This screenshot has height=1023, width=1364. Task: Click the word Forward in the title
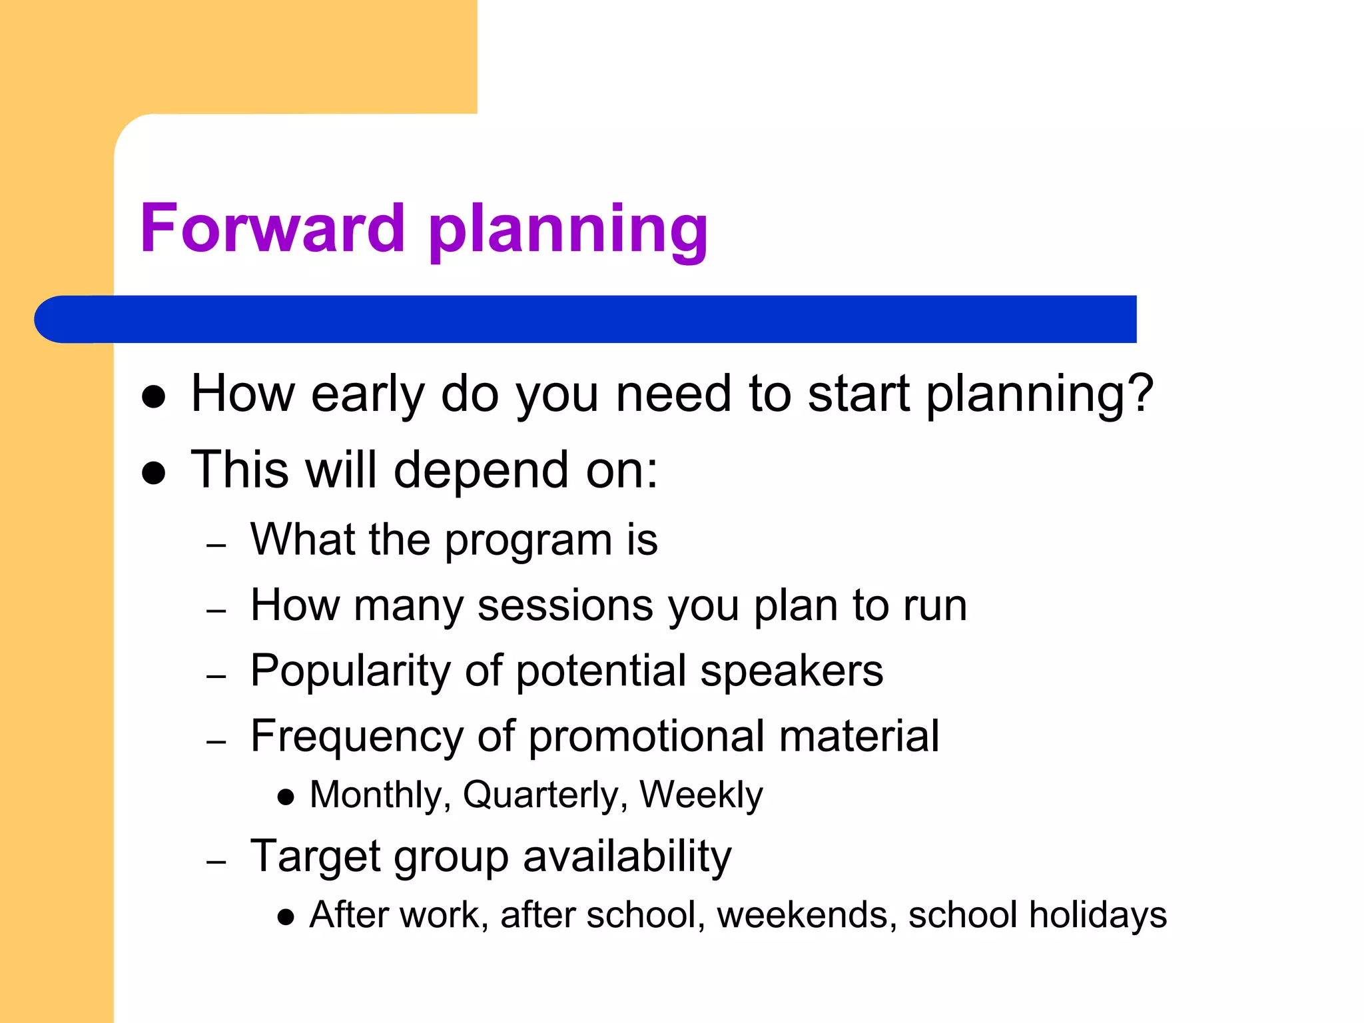click(x=272, y=228)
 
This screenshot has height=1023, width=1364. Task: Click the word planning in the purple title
click(x=568, y=231)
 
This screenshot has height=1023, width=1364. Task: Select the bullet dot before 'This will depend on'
click(x=154, y=473)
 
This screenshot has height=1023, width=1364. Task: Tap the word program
click(x=528, y=541)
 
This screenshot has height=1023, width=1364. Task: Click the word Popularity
click(x=350, y=671)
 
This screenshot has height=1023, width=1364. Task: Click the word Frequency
click(x=356, y=737)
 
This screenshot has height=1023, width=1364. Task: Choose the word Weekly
click(x=701, y=795)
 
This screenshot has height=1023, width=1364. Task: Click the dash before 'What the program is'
click(x=216, y=545)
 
